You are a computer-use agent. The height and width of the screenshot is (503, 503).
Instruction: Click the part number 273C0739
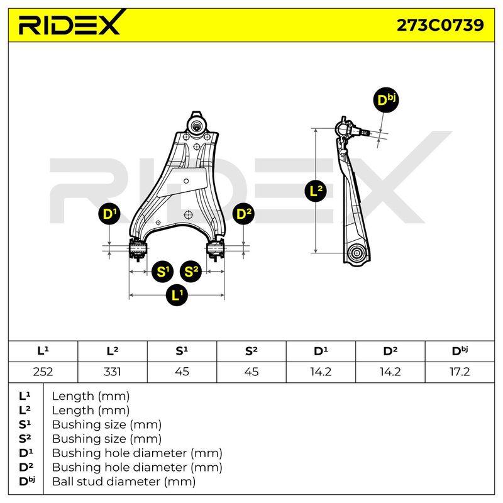pos(440,25)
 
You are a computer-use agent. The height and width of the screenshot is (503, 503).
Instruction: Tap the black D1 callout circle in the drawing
pos(109,214)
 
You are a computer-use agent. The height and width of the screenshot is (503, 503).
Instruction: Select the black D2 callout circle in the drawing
pos(243,214)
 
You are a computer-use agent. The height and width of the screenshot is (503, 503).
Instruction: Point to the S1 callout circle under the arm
pos(162,272)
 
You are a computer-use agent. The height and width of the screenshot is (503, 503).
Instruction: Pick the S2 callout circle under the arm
pos(191,272)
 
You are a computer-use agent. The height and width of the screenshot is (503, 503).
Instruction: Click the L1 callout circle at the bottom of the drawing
pos(177,295)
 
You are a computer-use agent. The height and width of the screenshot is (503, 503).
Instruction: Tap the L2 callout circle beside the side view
pos(316,191)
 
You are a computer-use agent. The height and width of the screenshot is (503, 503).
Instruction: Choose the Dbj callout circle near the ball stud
pos(386,101)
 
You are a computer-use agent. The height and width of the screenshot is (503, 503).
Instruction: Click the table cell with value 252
pos(43,372)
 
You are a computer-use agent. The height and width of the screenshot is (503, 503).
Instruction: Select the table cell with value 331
pos(113,372)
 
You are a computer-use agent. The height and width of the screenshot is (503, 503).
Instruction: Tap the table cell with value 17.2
pos(460,372)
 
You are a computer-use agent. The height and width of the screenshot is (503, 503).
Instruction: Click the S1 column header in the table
pos(182,351)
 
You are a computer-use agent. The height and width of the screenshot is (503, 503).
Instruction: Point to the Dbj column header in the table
pos(460,351)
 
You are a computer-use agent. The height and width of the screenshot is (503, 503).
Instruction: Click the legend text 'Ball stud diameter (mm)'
pos(124,482)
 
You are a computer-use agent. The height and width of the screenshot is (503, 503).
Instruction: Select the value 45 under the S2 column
pos(251,372)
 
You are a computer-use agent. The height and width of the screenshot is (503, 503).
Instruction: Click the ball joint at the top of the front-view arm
pos(196,124)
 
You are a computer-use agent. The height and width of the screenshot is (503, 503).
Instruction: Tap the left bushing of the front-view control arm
pos(137,248)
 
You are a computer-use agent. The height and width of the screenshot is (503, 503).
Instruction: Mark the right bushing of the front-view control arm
pos(215,248)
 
